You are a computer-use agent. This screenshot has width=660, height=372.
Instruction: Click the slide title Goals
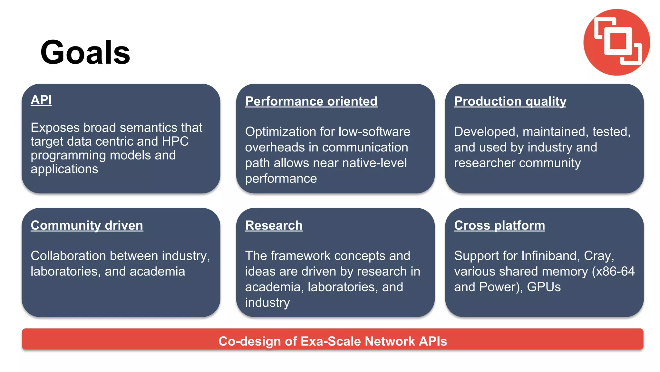point(85,52)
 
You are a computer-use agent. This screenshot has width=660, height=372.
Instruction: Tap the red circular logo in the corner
point(616,42)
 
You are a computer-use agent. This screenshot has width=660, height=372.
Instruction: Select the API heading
point(41,100)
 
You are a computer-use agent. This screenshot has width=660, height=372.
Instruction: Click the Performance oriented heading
point(311,101)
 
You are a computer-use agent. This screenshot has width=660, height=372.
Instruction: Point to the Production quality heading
point(510,101)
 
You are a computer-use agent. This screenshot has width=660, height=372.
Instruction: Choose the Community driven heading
point(87,225)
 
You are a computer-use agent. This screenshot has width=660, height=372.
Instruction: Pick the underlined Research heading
point(274,225)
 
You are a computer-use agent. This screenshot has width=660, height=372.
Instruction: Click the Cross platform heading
point(499,225)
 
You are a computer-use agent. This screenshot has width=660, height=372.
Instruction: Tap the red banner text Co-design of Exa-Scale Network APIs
point(333,341)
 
